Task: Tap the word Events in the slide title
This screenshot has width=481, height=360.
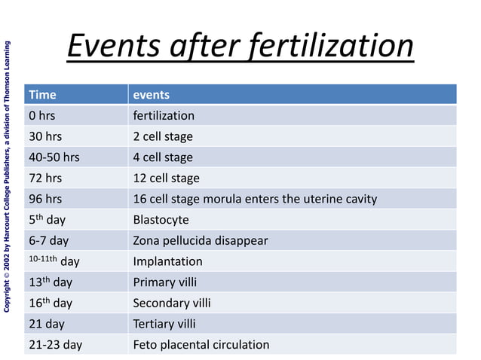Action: tap(112, 46)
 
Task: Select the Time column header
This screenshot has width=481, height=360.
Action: tap(43, 95)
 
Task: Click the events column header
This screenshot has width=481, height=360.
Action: tap(152, 95)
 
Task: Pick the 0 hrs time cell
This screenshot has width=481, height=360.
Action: tap(42, 116)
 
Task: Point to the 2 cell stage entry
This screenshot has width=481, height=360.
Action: tap(163, 136)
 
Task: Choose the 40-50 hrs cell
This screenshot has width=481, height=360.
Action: tap(54, 157)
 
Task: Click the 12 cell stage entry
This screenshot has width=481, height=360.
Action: tap(167, 178)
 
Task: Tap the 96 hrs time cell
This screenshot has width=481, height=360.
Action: tap(45, 200)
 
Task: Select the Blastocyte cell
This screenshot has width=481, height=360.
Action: tap(161, 220)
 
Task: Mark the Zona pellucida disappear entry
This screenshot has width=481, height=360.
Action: tap(201, 241)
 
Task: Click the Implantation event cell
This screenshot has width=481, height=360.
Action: tap(168, 261)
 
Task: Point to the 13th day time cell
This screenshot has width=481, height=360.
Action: tap(51, 282)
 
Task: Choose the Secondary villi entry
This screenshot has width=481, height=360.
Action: tap(172, 303)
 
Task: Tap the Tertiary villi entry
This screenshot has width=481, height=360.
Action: tap(164, 324)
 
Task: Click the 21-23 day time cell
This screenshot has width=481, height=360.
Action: tap(55, 345)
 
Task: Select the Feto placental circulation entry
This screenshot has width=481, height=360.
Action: tap(201, 345)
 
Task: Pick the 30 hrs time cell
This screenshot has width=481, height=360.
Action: tap(45, 136)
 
